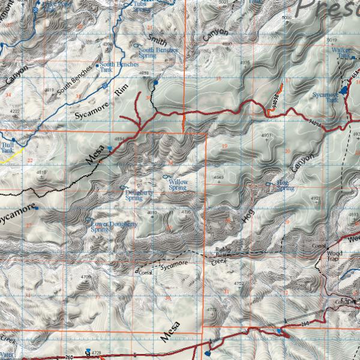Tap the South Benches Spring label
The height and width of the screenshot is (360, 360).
(x=158, y=53)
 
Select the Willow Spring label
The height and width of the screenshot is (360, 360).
(x=178, y=185)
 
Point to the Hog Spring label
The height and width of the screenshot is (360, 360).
(x=285, y=185)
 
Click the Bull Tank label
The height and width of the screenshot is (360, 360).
(x=7, y=148)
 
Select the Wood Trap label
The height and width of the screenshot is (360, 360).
(x=334, y=256)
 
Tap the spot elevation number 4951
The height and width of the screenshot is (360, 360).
(x=266, y=136)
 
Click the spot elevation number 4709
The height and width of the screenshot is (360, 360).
(x=86, y=277)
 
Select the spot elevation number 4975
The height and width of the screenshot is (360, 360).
(x=244, y=62)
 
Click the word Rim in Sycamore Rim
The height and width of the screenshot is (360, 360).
(x=122, y=91)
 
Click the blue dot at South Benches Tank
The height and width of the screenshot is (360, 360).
(x=97, y=66)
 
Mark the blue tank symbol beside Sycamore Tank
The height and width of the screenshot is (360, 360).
(x=344, y=90)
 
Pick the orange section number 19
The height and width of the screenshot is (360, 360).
(x=224, y=146)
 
